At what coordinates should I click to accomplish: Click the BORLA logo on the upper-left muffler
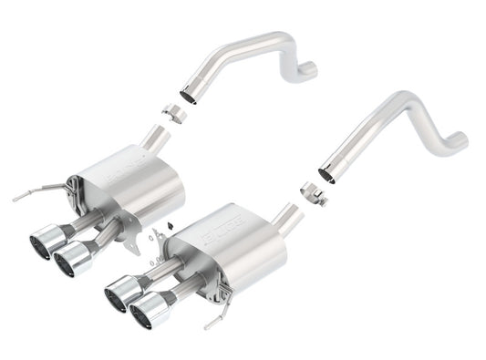(125, 170)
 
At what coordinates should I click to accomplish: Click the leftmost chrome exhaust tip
(42, 243)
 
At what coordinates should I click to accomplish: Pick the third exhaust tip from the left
(119, 294)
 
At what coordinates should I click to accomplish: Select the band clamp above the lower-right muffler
(313, 194)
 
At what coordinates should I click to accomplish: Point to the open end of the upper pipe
(189, 95)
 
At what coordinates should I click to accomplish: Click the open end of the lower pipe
(326, 172)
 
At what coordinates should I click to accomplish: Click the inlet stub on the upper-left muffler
(156, 139)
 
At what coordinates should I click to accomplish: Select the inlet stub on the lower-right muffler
(288, 218)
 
